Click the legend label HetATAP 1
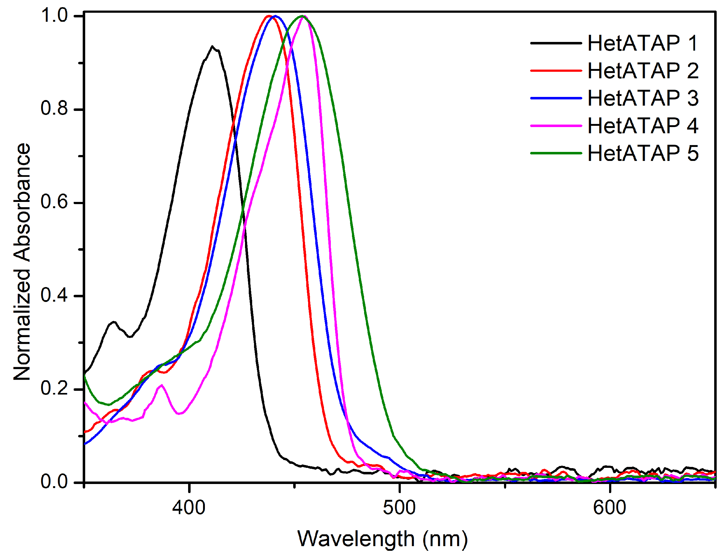pos(643,43)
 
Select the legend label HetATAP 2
pos(643,71)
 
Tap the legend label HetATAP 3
pos(643,98)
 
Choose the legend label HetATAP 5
pos(643,153)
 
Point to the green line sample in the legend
pos(556,153)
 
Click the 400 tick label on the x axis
pos(189,508)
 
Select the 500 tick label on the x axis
pos(399,508)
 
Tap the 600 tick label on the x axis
pos(609,508)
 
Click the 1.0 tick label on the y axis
pos(54,15)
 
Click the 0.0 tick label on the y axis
pos(54,482)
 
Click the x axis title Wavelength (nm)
pos(382,539)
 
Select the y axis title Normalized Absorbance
pos(22,262)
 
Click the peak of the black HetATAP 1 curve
pos(212,46)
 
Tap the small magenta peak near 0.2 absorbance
pos(162,385)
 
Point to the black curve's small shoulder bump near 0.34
pos(114,322)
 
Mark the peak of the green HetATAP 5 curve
pos(302,16)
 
